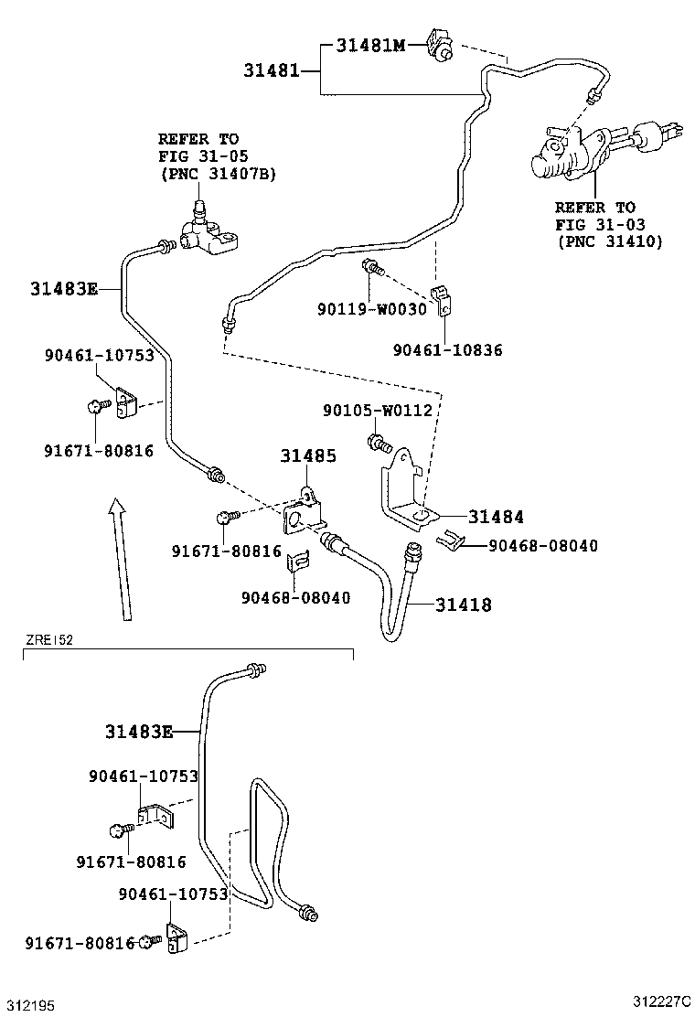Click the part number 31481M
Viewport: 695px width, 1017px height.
click(x=369, y=45)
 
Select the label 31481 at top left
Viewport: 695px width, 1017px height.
click(x=272, y=70)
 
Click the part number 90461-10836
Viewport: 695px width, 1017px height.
click(x=447, y=350)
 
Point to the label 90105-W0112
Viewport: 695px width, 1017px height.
click(x=377, y=411)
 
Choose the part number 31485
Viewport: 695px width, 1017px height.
click(x=307, y=455)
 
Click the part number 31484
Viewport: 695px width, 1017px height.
click(x=497, y=517)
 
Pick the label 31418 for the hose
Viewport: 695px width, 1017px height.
click(x=463, y=605)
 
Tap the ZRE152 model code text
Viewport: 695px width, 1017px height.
click(x=49, y=640)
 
